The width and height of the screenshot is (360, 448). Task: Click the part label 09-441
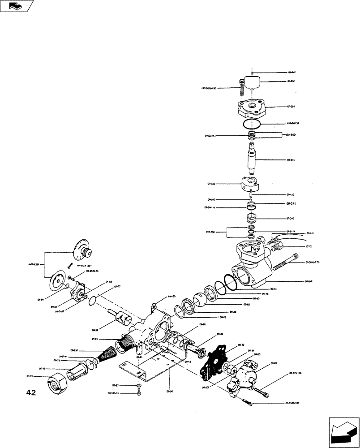(x=291, y=159)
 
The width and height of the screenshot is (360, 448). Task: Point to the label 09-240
(x=290, y=218)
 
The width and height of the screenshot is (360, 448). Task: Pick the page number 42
(x=31, y=393)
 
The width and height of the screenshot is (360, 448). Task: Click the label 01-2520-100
(x=291, y=403)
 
